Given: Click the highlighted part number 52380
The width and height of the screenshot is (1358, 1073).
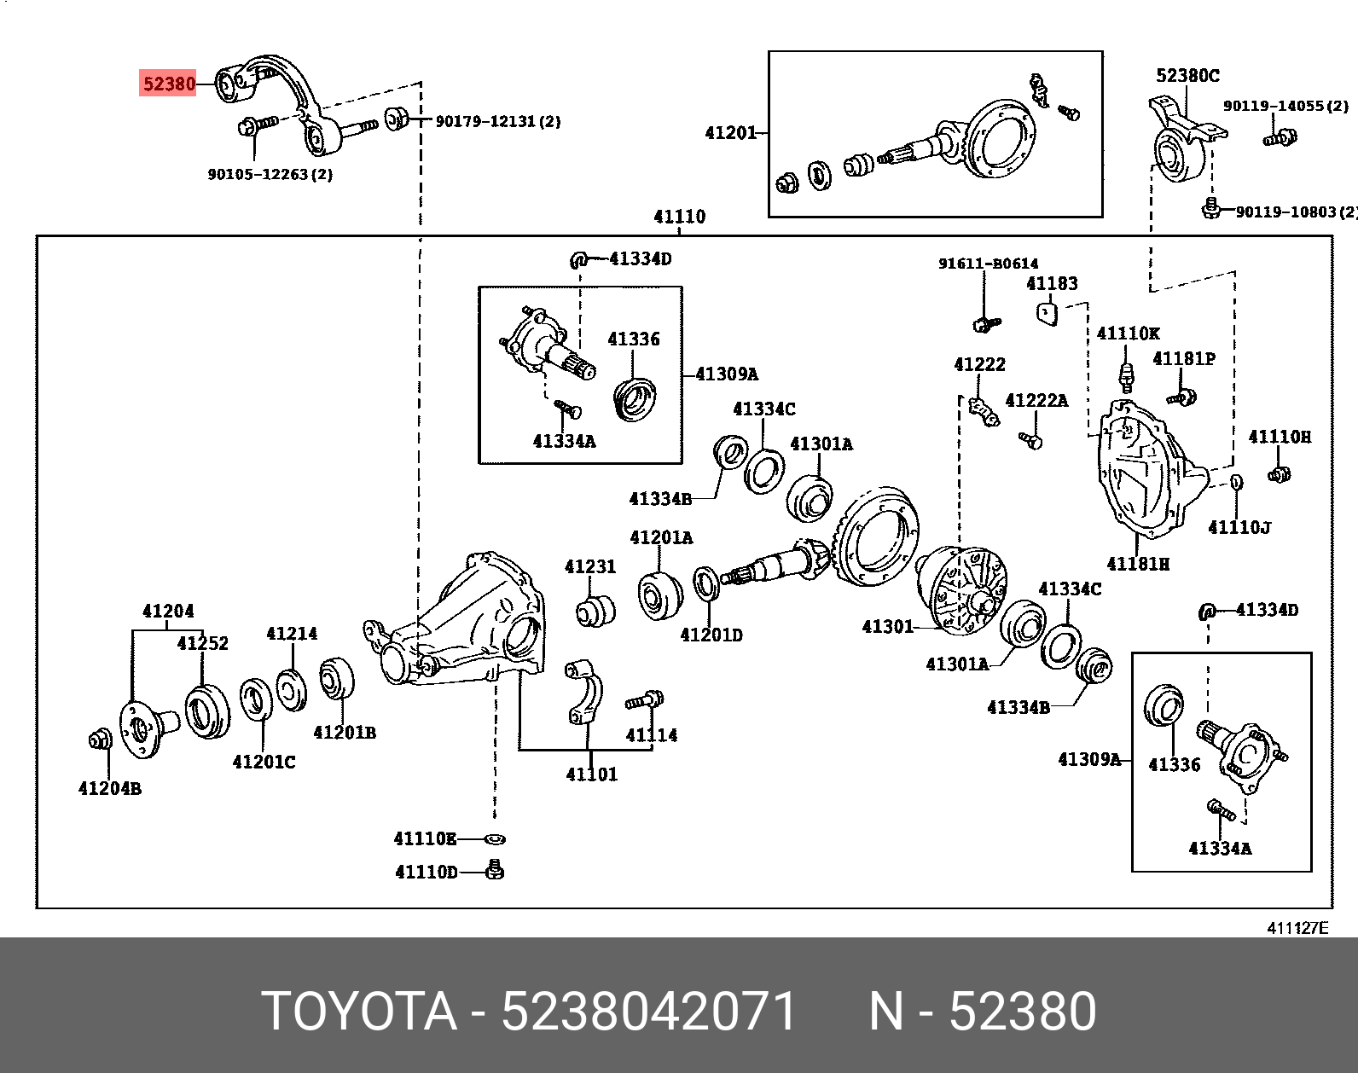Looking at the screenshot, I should point(169,84).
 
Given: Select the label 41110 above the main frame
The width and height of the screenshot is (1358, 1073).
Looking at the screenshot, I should point(679,217).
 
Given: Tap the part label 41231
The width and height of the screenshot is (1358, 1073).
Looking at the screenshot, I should point(589,567).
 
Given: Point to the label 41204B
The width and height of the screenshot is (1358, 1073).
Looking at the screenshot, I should point(109,789).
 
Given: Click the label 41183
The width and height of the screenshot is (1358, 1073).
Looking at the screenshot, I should point(1052,284).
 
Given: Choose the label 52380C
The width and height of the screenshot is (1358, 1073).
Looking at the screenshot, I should point(1187,76).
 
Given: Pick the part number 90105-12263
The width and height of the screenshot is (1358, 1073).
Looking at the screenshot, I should point(270,175).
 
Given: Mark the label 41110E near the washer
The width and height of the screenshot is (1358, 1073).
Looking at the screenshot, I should point(425,839).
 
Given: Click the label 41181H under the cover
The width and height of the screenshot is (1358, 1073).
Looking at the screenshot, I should point(1138,565).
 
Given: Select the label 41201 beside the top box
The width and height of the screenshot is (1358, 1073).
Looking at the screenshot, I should point(731,133).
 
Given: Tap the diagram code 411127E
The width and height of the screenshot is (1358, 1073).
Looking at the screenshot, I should point(1297,928).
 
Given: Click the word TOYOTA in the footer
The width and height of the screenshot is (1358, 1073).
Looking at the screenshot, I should point(358,1012).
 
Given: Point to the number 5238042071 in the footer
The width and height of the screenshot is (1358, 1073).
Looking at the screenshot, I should point(648,1012).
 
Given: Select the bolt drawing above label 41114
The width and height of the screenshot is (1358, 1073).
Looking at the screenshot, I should point(645,700).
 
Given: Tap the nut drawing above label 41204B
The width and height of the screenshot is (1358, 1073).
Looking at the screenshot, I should point(100,739).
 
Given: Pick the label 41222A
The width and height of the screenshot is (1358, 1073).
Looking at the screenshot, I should point(1036,401).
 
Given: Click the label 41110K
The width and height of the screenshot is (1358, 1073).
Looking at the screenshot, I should point(1128,333).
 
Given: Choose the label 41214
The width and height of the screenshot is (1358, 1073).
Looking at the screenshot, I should point(292,634).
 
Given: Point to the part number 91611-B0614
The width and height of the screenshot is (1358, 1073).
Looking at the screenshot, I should point(988,264).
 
